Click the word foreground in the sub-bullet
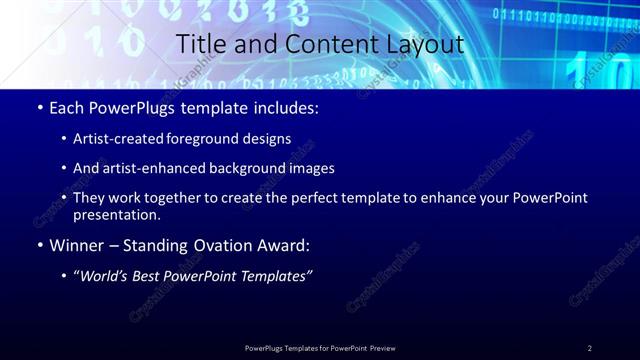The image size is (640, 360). tap(208, 138)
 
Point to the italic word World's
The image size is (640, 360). tap(105, 275)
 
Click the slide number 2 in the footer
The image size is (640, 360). tap(590, 348)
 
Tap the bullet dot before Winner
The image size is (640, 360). tap(40, 245)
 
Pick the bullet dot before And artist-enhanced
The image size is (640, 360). tap(65, 168)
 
